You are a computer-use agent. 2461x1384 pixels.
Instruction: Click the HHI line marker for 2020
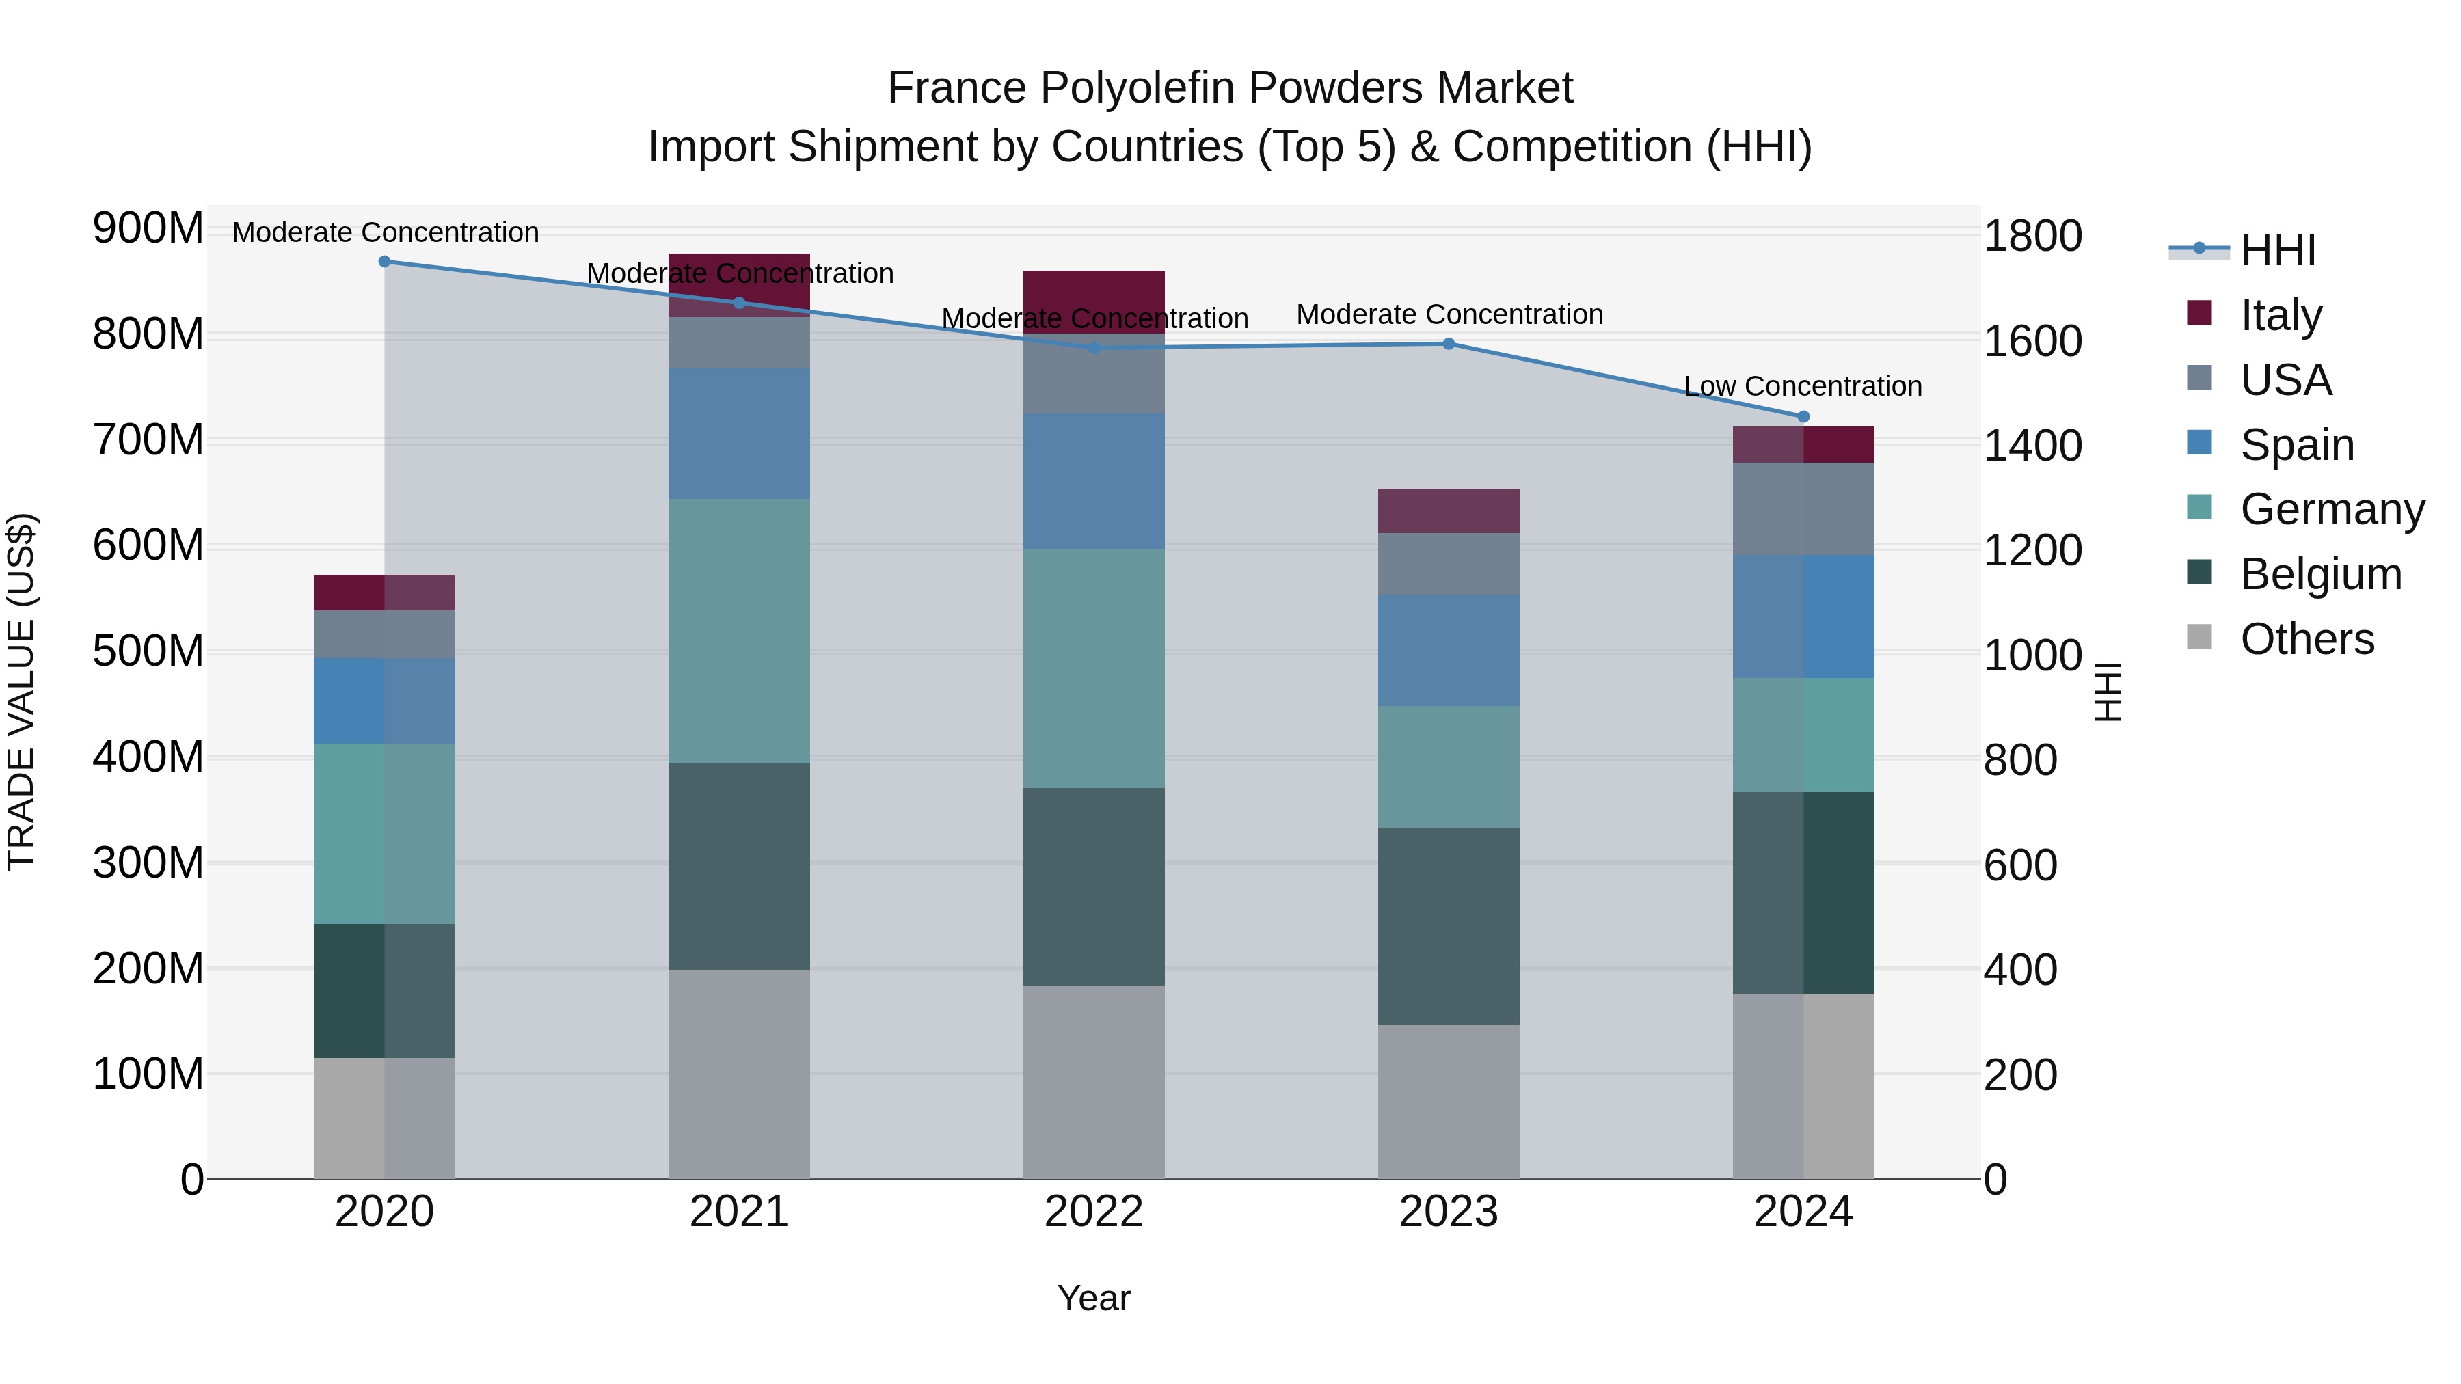pyautogui.click(x=384, y=261)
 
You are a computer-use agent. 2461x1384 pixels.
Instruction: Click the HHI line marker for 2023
pyautogui.click(x=1449, y=344)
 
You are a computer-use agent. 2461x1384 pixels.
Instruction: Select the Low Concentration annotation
pyautogui.click(x=1803, y=386)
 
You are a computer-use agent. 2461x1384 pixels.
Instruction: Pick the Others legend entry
pyautogui.click(x=2307, y=639)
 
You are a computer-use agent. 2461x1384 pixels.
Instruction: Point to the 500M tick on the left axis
pyautogui.click(x=148, y=651)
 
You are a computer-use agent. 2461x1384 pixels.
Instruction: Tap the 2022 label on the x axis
pyautogui.click(x=1094, y=1212)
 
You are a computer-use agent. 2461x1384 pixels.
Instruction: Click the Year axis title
pyautogui.click(x=1094, y=1298)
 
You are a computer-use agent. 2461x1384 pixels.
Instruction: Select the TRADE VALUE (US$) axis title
pyautogui.click(x=21, y=692)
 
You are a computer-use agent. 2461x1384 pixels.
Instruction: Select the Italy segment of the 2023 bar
pyautogui.click(x=1449, y=511)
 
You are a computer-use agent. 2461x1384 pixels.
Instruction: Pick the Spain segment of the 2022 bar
pyautogui.click(x=1094, y=480)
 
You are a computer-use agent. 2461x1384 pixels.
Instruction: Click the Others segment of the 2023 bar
pyautogui.click(x=1449, y=1101)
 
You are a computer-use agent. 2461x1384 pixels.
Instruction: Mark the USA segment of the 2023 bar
pyautogui.click(x=1449, y=565)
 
